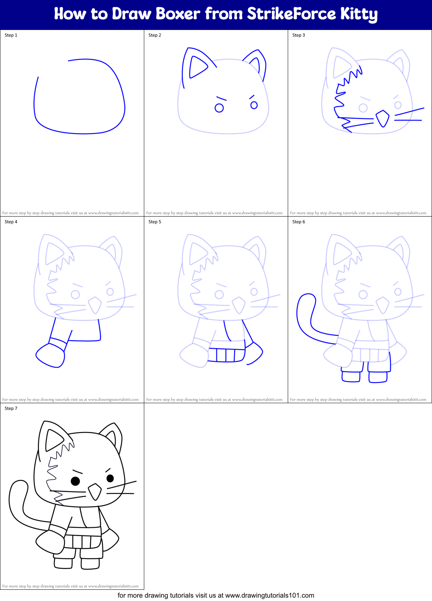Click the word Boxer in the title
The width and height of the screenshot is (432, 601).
(178, 14)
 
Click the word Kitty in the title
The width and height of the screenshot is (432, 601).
(358, 14)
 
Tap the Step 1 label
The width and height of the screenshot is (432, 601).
(11, 35)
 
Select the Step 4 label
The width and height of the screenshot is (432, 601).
(11, 222)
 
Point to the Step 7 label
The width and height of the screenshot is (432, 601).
(11, 408)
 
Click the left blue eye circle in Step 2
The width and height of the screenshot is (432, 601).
(219, 108)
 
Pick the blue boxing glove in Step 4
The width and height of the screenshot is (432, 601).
(50, 355)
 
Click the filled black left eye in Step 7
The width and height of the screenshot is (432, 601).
(75, 481)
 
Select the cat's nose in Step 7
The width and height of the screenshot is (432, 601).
(95, 491)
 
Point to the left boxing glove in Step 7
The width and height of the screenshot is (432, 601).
(50, 542)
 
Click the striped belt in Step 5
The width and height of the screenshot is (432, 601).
(226, 355)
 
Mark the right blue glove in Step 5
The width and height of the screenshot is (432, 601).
(255, 353)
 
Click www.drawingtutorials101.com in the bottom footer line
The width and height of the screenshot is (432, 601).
(269, 595)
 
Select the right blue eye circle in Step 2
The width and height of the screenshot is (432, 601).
(254, 105)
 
